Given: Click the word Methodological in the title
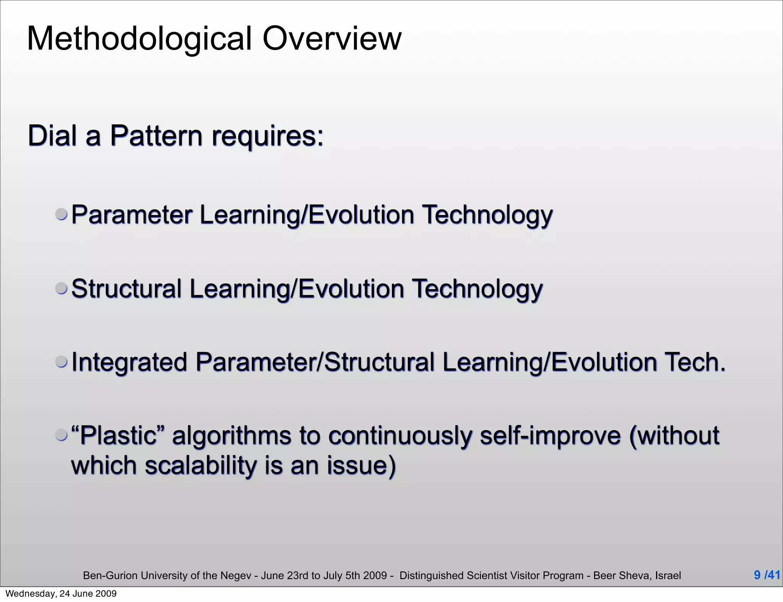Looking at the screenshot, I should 140,39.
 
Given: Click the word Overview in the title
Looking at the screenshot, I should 332,39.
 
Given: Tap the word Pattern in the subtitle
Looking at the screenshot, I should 156,136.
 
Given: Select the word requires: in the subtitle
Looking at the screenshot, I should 268,137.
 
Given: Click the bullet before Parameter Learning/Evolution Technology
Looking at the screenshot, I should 62,214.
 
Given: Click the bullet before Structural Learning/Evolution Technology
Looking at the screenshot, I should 62,288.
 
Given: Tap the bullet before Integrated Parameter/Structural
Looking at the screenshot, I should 62,361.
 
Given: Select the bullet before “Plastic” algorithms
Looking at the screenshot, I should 62,435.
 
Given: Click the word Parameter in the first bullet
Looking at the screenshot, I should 132,215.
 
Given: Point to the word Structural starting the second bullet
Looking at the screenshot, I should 127,289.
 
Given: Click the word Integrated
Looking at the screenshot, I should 129,362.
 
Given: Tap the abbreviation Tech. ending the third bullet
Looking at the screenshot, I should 695,362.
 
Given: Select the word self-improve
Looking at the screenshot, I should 550,435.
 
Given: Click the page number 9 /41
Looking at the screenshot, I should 767,575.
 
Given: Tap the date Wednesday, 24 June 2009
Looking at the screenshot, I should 61,594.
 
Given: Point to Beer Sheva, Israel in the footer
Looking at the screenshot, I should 637,575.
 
